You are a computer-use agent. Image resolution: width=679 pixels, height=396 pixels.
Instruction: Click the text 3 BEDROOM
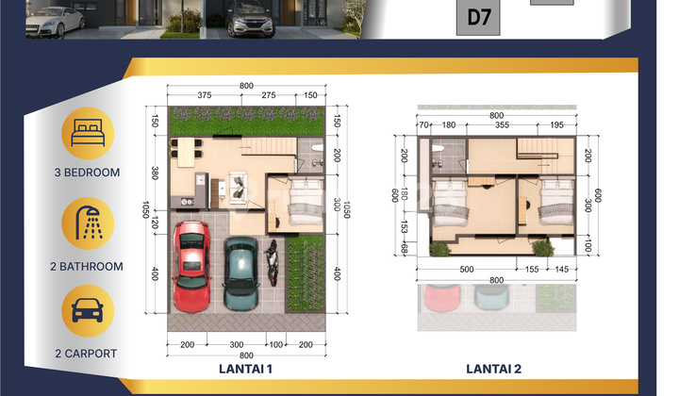87,173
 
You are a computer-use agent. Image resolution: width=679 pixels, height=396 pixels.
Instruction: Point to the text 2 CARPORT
87,354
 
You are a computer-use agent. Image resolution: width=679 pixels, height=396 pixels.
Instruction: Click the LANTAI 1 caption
245,369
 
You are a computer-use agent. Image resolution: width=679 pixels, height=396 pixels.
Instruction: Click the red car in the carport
191,266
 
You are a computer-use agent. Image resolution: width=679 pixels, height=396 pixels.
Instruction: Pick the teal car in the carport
240,272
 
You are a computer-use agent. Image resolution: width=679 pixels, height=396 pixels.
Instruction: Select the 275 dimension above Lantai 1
269,95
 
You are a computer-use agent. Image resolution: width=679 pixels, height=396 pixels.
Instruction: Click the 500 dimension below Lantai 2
466,270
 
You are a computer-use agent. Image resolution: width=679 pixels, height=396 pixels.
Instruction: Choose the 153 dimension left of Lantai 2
405,227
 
